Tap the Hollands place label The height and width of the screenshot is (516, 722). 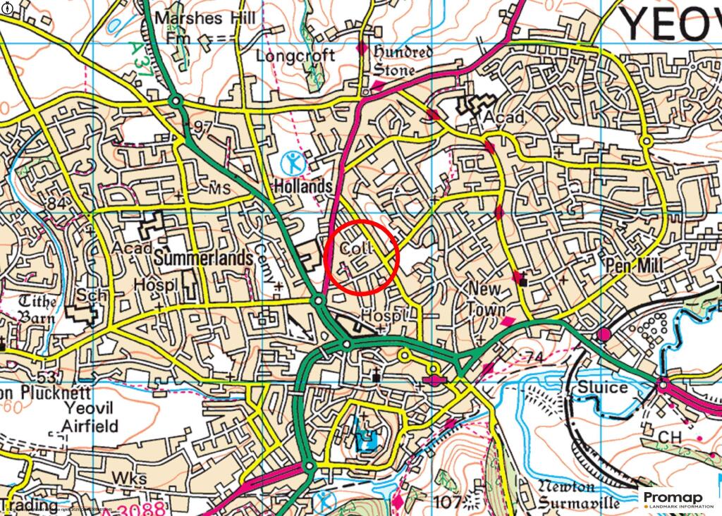(303, 187)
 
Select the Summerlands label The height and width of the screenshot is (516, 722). (203, 259)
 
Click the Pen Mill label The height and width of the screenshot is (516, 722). (633, 266)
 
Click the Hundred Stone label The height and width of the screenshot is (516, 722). (403, 61)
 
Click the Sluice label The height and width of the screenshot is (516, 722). (602, 388)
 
